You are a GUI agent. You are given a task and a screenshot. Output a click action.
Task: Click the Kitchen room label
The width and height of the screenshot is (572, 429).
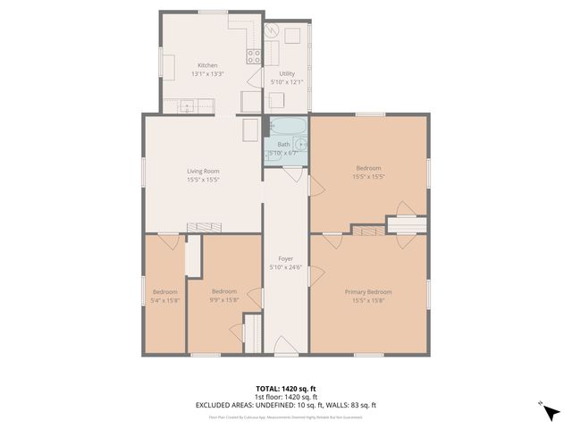(x=207, y=65)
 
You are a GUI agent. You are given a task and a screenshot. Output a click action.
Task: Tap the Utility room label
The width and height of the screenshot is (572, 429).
(x=287, y=73)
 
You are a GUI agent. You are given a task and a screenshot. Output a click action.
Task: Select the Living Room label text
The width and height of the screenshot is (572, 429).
(x=203, y=171)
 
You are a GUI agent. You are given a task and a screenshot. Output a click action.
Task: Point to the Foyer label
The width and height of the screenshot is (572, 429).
(x=286, y=258)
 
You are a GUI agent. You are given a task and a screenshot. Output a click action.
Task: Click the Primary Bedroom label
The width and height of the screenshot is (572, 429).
(x=368, y=291)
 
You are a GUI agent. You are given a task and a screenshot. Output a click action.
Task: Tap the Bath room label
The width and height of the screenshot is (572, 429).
(x=283, y=144)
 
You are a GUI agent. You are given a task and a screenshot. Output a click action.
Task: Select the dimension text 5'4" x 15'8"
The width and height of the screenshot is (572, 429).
(x=164, y=300)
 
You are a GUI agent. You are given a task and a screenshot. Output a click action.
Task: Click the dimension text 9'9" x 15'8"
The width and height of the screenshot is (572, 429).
(x=224, y=300)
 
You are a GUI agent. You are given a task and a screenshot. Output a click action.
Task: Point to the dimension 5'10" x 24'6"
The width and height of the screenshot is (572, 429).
(x=286, y=267)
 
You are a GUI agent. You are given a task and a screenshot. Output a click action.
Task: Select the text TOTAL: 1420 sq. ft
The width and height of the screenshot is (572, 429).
(x=285, y=388)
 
